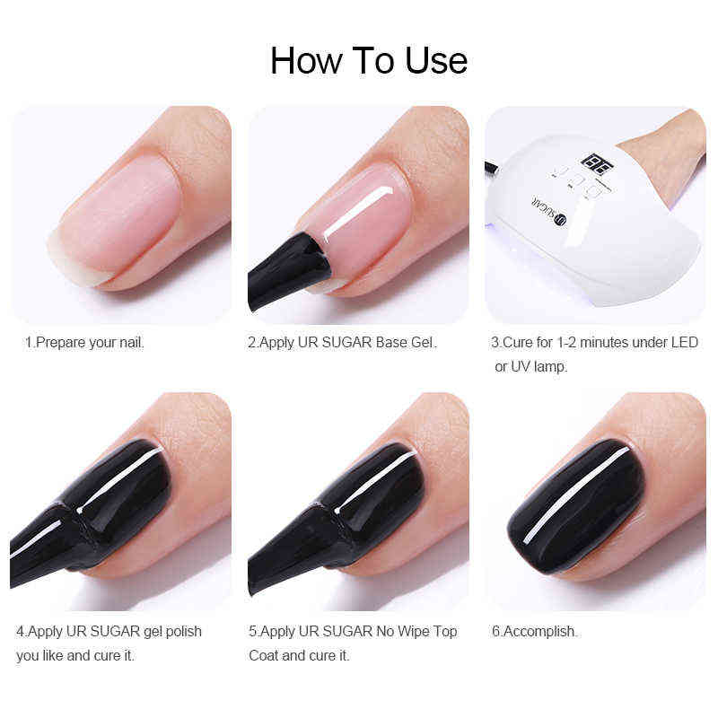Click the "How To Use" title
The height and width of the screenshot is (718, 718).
368,60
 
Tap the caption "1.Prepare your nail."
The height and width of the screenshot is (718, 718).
84,342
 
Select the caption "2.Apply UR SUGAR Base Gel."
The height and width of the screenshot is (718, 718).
342,342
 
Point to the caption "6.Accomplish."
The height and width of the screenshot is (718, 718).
534,631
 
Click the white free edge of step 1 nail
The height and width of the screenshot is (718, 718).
72,261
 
